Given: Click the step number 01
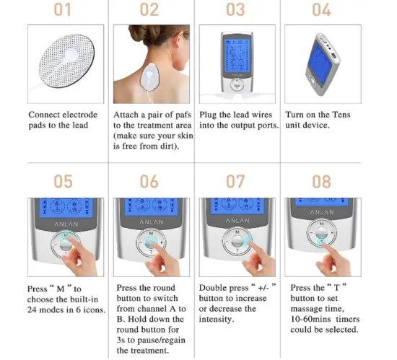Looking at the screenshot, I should coord(65,10).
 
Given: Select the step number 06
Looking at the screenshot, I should coord(149,181).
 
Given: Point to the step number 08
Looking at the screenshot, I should coord(321,181).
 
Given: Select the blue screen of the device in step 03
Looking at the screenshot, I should coord(238,54).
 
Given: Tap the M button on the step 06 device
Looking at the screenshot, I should coord(149,234).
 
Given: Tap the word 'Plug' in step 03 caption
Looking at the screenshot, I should coord(209,115).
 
